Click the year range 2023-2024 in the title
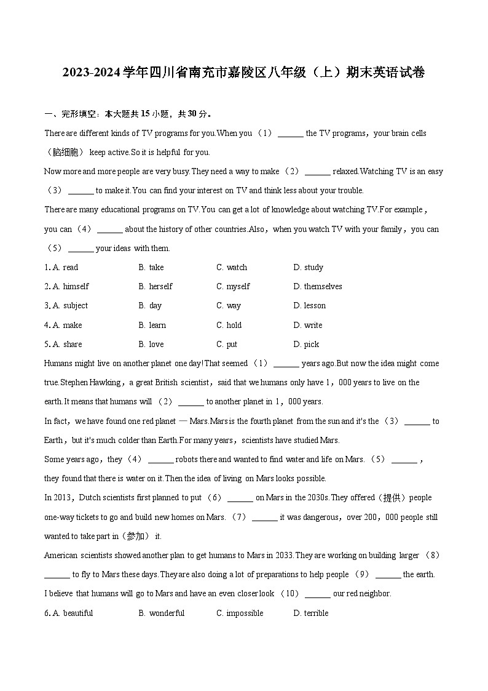coord(91,73)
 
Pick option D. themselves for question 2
coord(318,286)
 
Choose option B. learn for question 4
coord(152,325)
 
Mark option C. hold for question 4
coord(229,325)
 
